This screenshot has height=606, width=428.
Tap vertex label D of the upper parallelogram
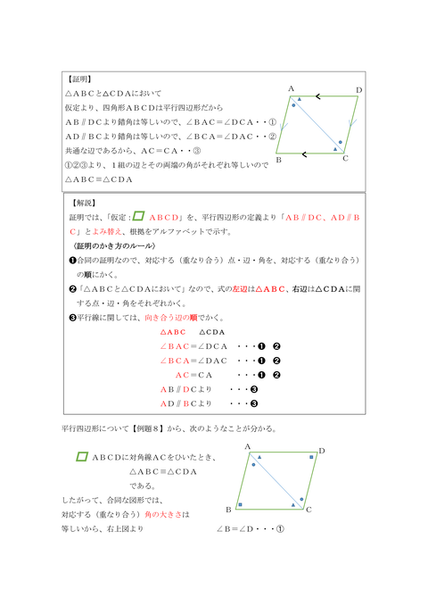358,90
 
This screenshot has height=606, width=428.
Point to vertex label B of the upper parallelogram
279,160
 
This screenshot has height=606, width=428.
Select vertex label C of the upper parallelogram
345,159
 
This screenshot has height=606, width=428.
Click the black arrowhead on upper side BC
305,154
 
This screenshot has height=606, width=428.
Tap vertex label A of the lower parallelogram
246,445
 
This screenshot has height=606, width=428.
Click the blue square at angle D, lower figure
311,458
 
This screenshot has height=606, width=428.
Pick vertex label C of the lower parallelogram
308,510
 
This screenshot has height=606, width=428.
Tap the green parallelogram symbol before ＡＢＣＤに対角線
82,457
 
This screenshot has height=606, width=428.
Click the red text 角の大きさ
169,515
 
